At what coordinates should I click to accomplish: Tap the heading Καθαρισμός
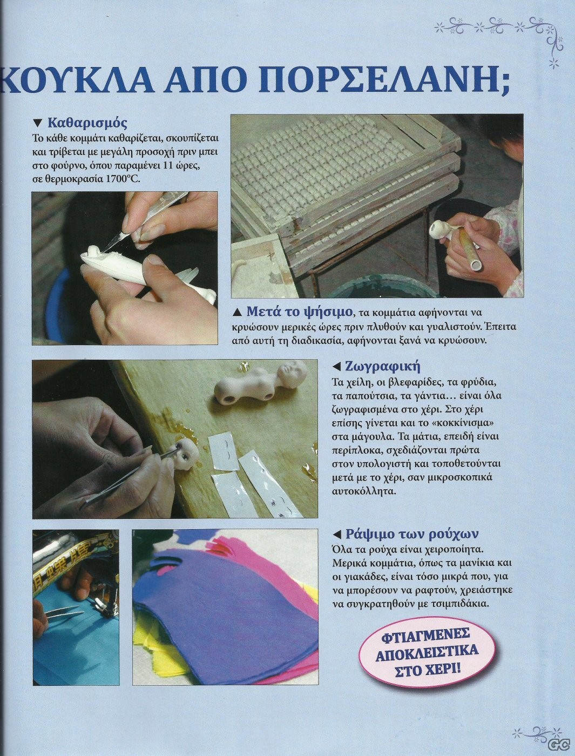[x=87, y=123]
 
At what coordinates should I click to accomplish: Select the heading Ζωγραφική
[x=383, y=366]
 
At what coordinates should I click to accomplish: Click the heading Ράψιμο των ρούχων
[x=412, y=534]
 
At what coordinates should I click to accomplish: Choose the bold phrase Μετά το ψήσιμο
[x=300, y=312]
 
